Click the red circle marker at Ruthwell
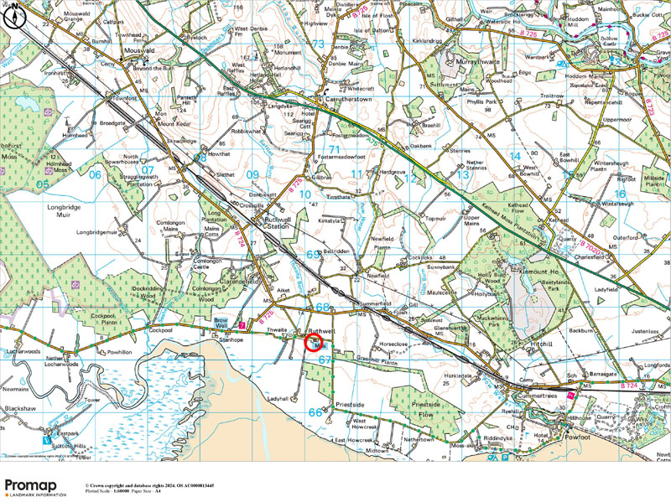pyautogui.click(x=313, y=343)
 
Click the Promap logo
pyautogui.click(x=35, y=487)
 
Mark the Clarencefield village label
pyautogui.click(x=245, y=282)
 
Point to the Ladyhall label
pyautogui.click(x=278, y=398)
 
